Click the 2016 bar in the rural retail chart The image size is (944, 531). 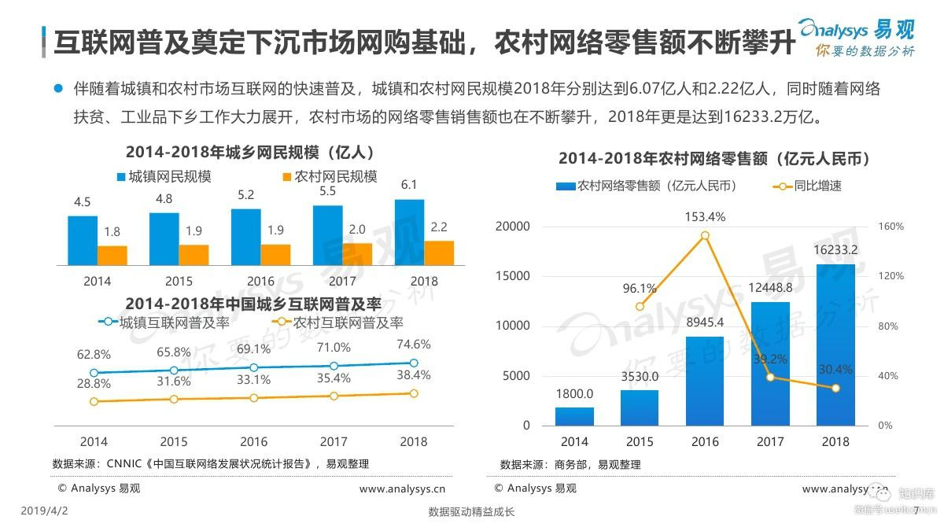pos(705,381)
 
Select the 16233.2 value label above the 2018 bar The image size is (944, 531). pos(835,250)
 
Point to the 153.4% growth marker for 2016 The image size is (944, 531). pos(705,235)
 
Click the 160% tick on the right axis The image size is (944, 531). pos(891,227)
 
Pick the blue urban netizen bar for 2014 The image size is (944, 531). pos(83,240)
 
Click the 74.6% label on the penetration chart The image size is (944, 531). pos(413,345)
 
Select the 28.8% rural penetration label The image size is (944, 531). pos(94,383)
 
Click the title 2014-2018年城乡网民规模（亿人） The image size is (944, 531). pos(249,151)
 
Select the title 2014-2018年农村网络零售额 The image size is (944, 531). pos(714,158)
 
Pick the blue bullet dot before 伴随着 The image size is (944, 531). pos(57,89)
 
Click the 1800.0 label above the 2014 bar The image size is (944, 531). pos(574,394)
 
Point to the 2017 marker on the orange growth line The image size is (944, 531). pos(770,378)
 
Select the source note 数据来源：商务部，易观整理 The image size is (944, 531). pos(570,464)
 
